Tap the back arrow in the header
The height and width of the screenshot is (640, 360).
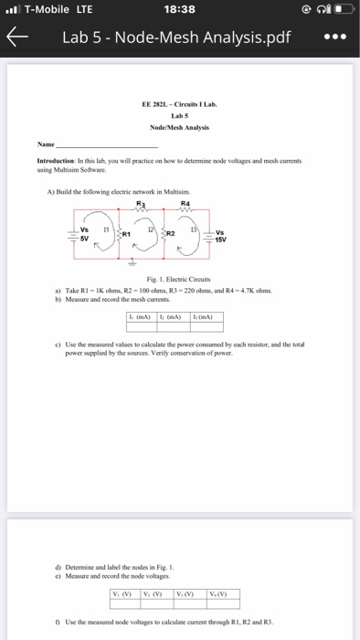[16, 39]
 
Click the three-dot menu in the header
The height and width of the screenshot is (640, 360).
[334, 39]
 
